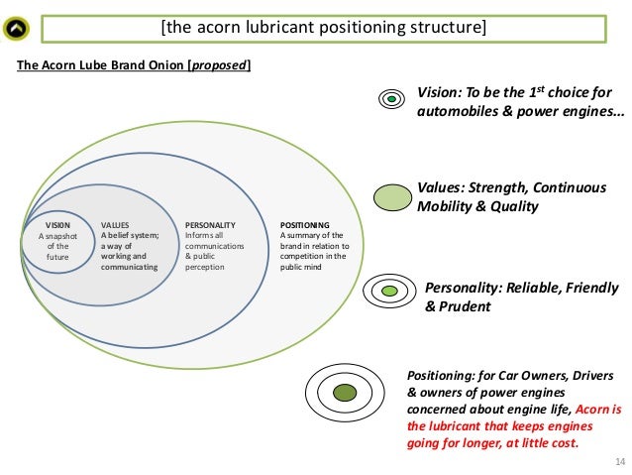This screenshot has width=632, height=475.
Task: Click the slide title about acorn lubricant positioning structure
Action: pos(323,27)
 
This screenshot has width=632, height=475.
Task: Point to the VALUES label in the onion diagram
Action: pos(115,225)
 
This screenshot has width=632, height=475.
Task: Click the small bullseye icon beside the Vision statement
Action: pos(392,99)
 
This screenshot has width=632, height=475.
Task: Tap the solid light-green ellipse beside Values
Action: pos(393,196)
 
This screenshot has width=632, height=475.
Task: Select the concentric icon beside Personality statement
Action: pos(389,291)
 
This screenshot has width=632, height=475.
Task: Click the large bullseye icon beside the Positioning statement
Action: pos(344,393)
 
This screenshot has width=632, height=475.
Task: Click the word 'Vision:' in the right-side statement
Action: pos(438,90)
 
